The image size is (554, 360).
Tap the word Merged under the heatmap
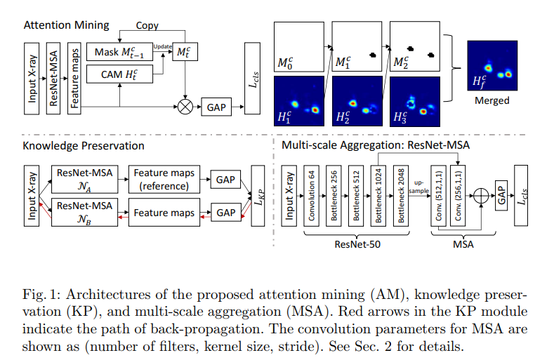pyautogui.click(x=491, y=100)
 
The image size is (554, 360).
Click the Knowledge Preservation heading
pyautogui.click(x=84, y=146)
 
